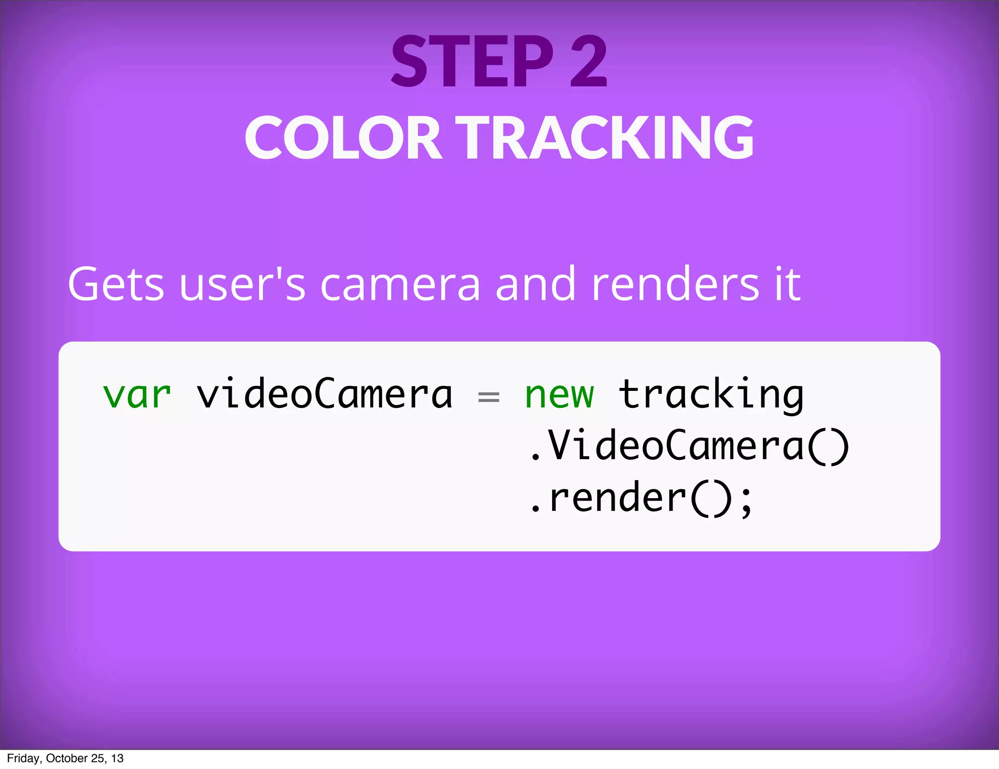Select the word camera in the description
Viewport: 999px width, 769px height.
(400, 285)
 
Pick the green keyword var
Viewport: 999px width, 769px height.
(137, 395)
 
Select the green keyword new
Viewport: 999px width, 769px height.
(559, 395)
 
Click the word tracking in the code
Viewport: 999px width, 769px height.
(711, 395)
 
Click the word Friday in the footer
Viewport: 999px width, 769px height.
(23, 758)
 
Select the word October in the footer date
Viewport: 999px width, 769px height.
(67, 758)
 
